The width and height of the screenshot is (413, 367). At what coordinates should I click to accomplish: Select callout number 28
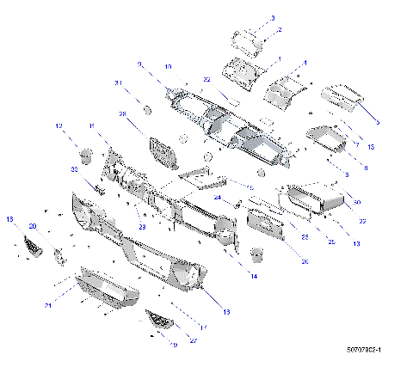point(122,113)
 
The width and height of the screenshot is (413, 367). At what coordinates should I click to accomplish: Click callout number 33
point(74,170)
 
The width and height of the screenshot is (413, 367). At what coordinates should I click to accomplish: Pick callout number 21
point(49,305)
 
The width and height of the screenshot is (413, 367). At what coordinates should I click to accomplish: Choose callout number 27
point(193,340)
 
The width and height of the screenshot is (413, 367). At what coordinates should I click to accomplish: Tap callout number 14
point(254,275)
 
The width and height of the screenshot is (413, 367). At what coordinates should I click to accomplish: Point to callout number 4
point(305,63)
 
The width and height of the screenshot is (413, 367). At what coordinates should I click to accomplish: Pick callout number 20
point(33,226)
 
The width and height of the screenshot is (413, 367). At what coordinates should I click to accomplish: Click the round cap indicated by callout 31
point(148,110)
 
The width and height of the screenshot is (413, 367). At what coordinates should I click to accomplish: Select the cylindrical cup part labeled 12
point(87,156)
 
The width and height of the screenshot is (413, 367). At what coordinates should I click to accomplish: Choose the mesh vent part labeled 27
point(160,319)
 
